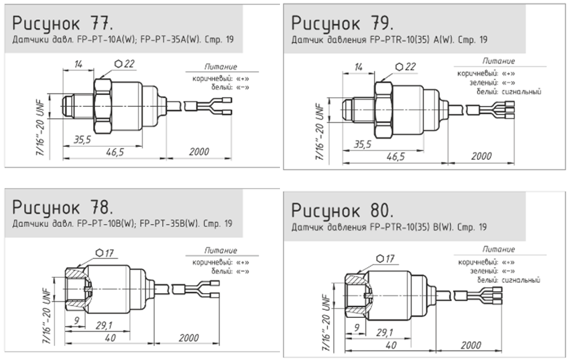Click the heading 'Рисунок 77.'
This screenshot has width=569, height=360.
click(63, 24)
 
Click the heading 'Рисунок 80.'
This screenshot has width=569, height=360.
click(342, 210)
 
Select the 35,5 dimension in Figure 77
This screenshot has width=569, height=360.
click(82, 140)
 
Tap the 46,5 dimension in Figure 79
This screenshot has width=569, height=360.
click(395, 156)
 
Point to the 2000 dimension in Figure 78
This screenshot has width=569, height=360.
click(189, 338)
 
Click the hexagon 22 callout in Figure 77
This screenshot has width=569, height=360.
click(124, 64)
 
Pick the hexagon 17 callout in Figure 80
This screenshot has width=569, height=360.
click(385, 259)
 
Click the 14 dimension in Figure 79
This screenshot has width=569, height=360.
click(358, 67)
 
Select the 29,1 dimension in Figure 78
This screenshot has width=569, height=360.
click(104, 325)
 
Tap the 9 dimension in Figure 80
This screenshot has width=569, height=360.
click(356, 328)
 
